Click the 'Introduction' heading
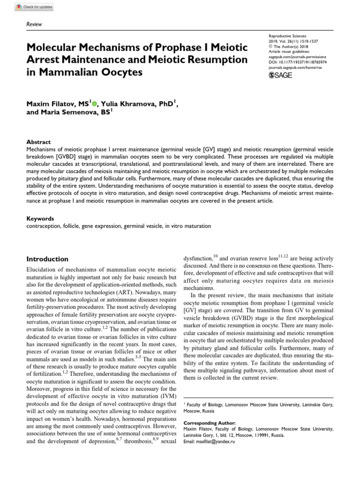point(47,259)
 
